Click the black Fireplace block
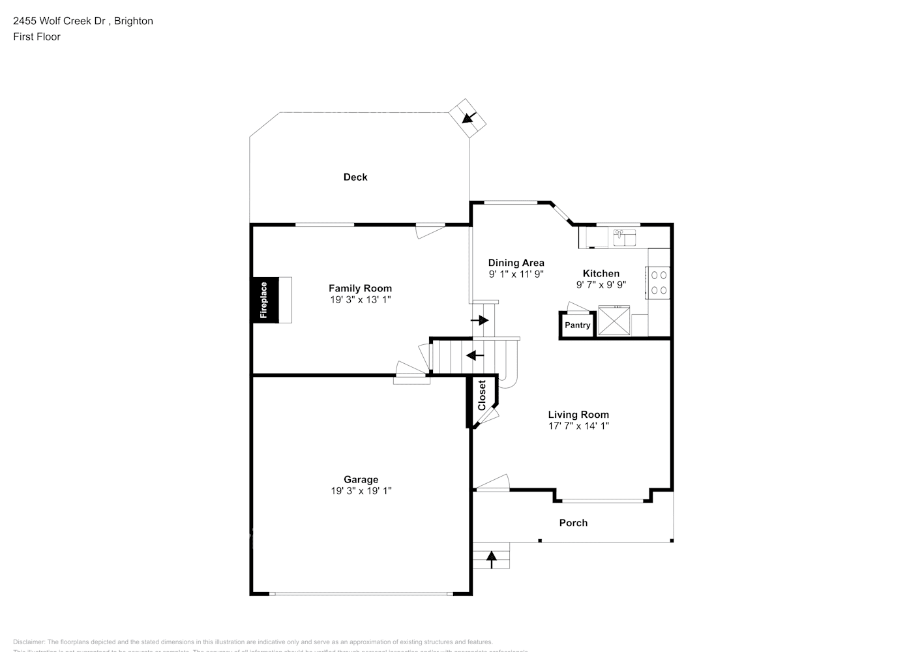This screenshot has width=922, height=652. click(x=265, y=299)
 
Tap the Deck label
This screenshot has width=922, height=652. click(x=355, y=177)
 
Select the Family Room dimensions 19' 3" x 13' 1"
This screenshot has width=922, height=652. click(x=360, y=300)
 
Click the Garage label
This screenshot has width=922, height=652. click(x=361, y=479)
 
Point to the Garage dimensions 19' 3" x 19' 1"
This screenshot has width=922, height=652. click(x=361, y=491)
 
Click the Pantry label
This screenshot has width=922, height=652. click(x=577, y=325)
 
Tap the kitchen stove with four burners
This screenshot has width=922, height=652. click(x=659, y=282)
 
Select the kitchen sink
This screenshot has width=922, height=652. click(x=625, y=237)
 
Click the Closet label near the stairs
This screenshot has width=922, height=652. click(x=482, y=395)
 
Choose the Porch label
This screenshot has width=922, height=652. click(x=573, y=523)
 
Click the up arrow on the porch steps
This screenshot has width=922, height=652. click(x=491, y=557)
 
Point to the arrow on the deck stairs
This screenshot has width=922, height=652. click(x=468, y=117)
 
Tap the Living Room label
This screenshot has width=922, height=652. click(x=578, y=415)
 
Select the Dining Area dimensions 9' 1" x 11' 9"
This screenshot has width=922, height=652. click(x=516, y=274)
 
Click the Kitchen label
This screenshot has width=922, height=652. click(x=601, y=273)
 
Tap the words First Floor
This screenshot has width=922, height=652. click(x=37, y=37)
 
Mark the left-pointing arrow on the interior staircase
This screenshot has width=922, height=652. click(x=475, y=355)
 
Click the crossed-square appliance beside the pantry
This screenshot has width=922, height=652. click(x=614, y=321)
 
